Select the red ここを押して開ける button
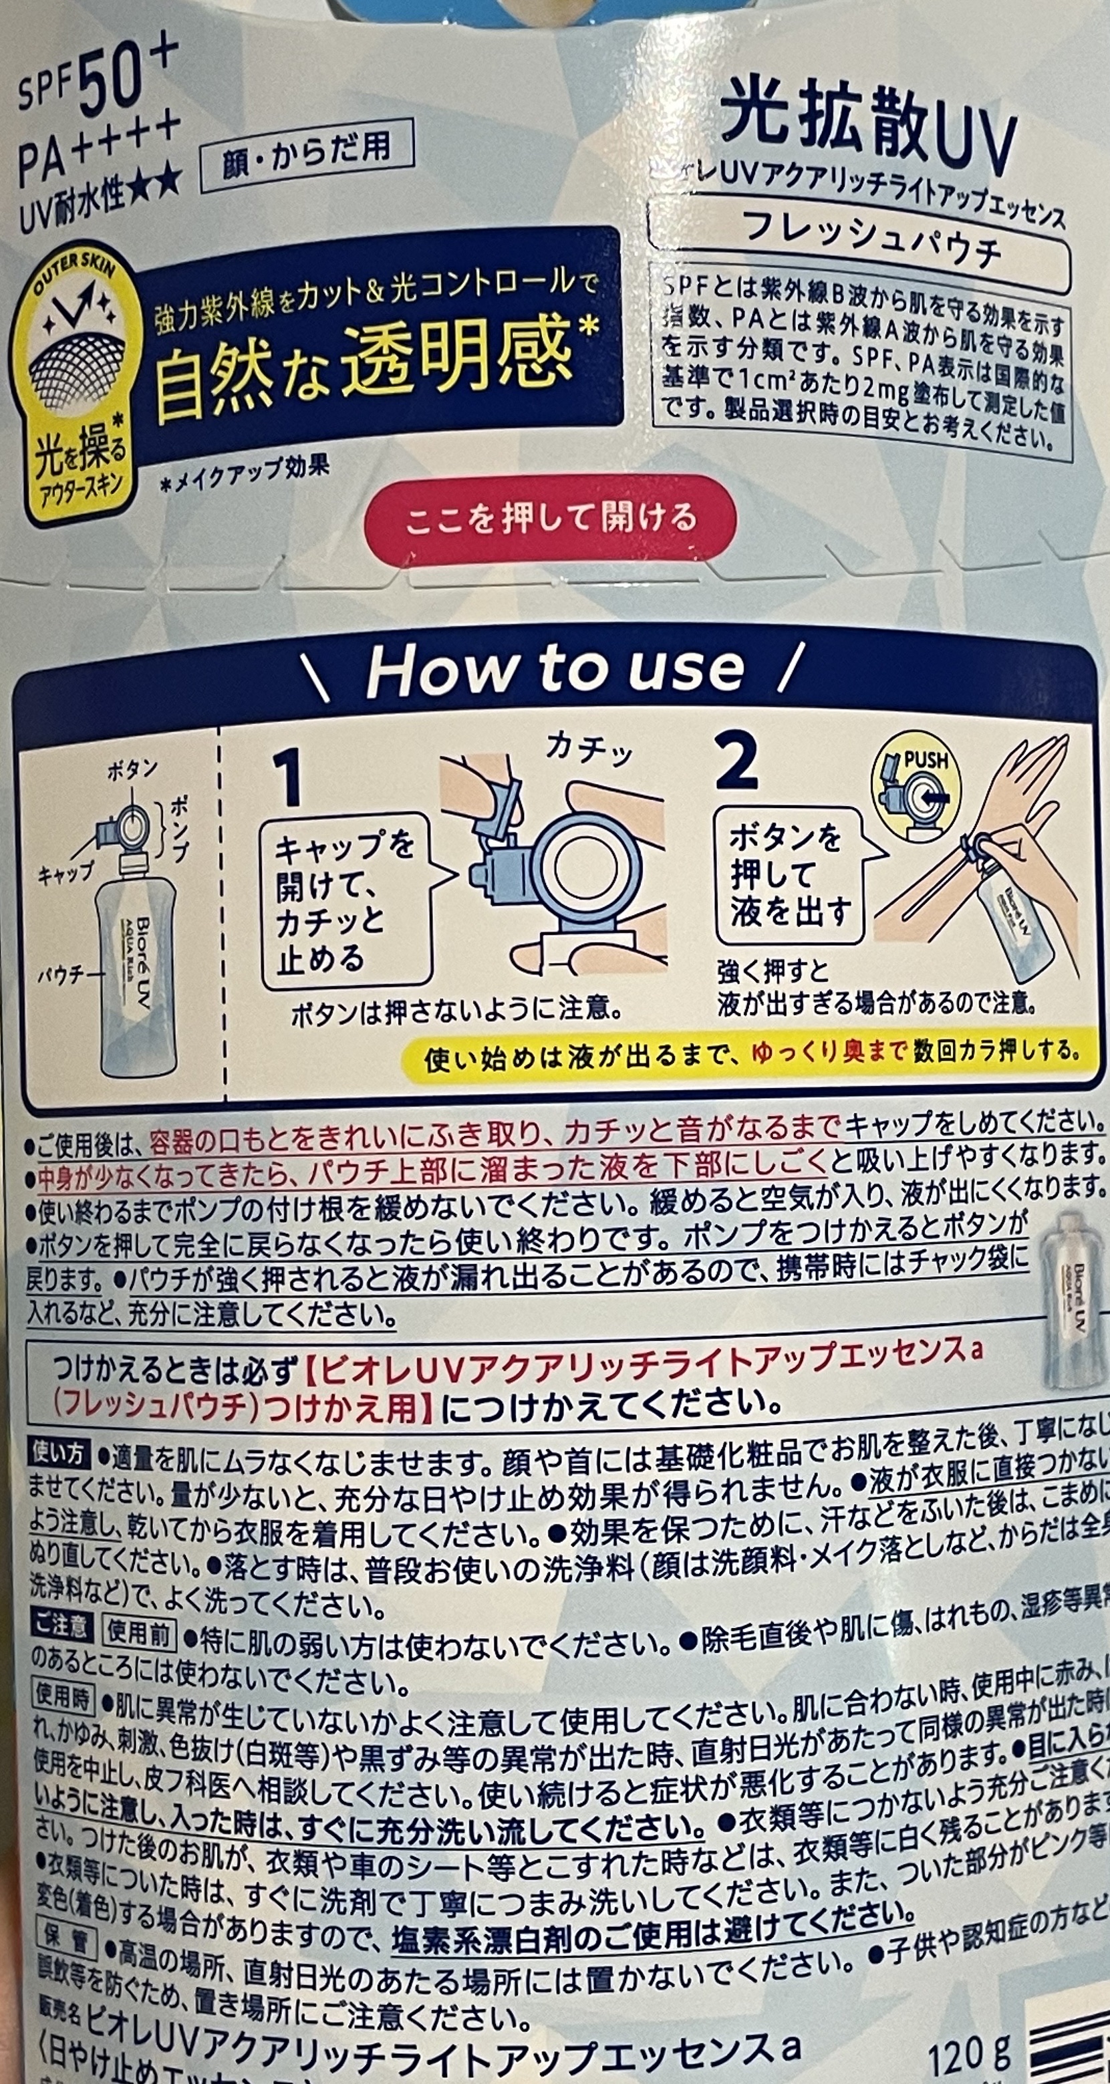click(x=550, y=518)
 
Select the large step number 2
click(x=737, y=761)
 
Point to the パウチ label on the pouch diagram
click(x=61, y=976)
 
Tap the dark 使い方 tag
click(x=58, y=1454)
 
